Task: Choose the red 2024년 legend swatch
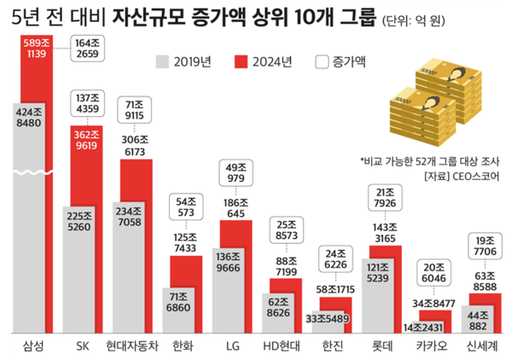click(240, 61)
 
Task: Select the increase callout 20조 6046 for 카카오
click(432, 273)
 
